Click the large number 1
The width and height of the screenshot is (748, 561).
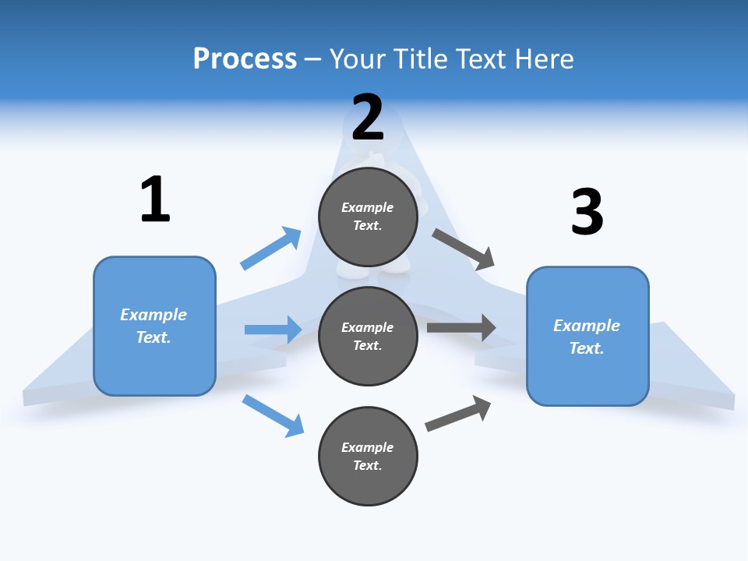[155, 199]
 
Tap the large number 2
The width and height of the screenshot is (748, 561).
[368, 118]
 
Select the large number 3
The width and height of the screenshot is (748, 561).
[587, 213]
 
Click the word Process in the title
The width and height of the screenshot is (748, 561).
[245, 58]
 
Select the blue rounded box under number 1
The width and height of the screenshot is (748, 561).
[154, 326]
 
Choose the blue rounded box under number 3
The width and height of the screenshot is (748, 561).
[587, 336]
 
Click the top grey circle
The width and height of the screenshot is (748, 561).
[368, 217]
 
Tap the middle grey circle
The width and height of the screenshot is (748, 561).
[368, 336]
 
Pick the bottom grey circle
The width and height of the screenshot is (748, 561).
[368, 456]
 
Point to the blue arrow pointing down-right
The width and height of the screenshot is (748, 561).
[273, 415]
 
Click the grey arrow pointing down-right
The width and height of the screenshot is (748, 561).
[464, 249]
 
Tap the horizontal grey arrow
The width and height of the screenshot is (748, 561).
[461, 327]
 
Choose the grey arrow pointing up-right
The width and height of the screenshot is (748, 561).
[458, 413]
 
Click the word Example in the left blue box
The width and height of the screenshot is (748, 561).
[153, 315]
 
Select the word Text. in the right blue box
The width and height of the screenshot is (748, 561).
[587, 348]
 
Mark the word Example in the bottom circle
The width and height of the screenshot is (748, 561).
[368, 447]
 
